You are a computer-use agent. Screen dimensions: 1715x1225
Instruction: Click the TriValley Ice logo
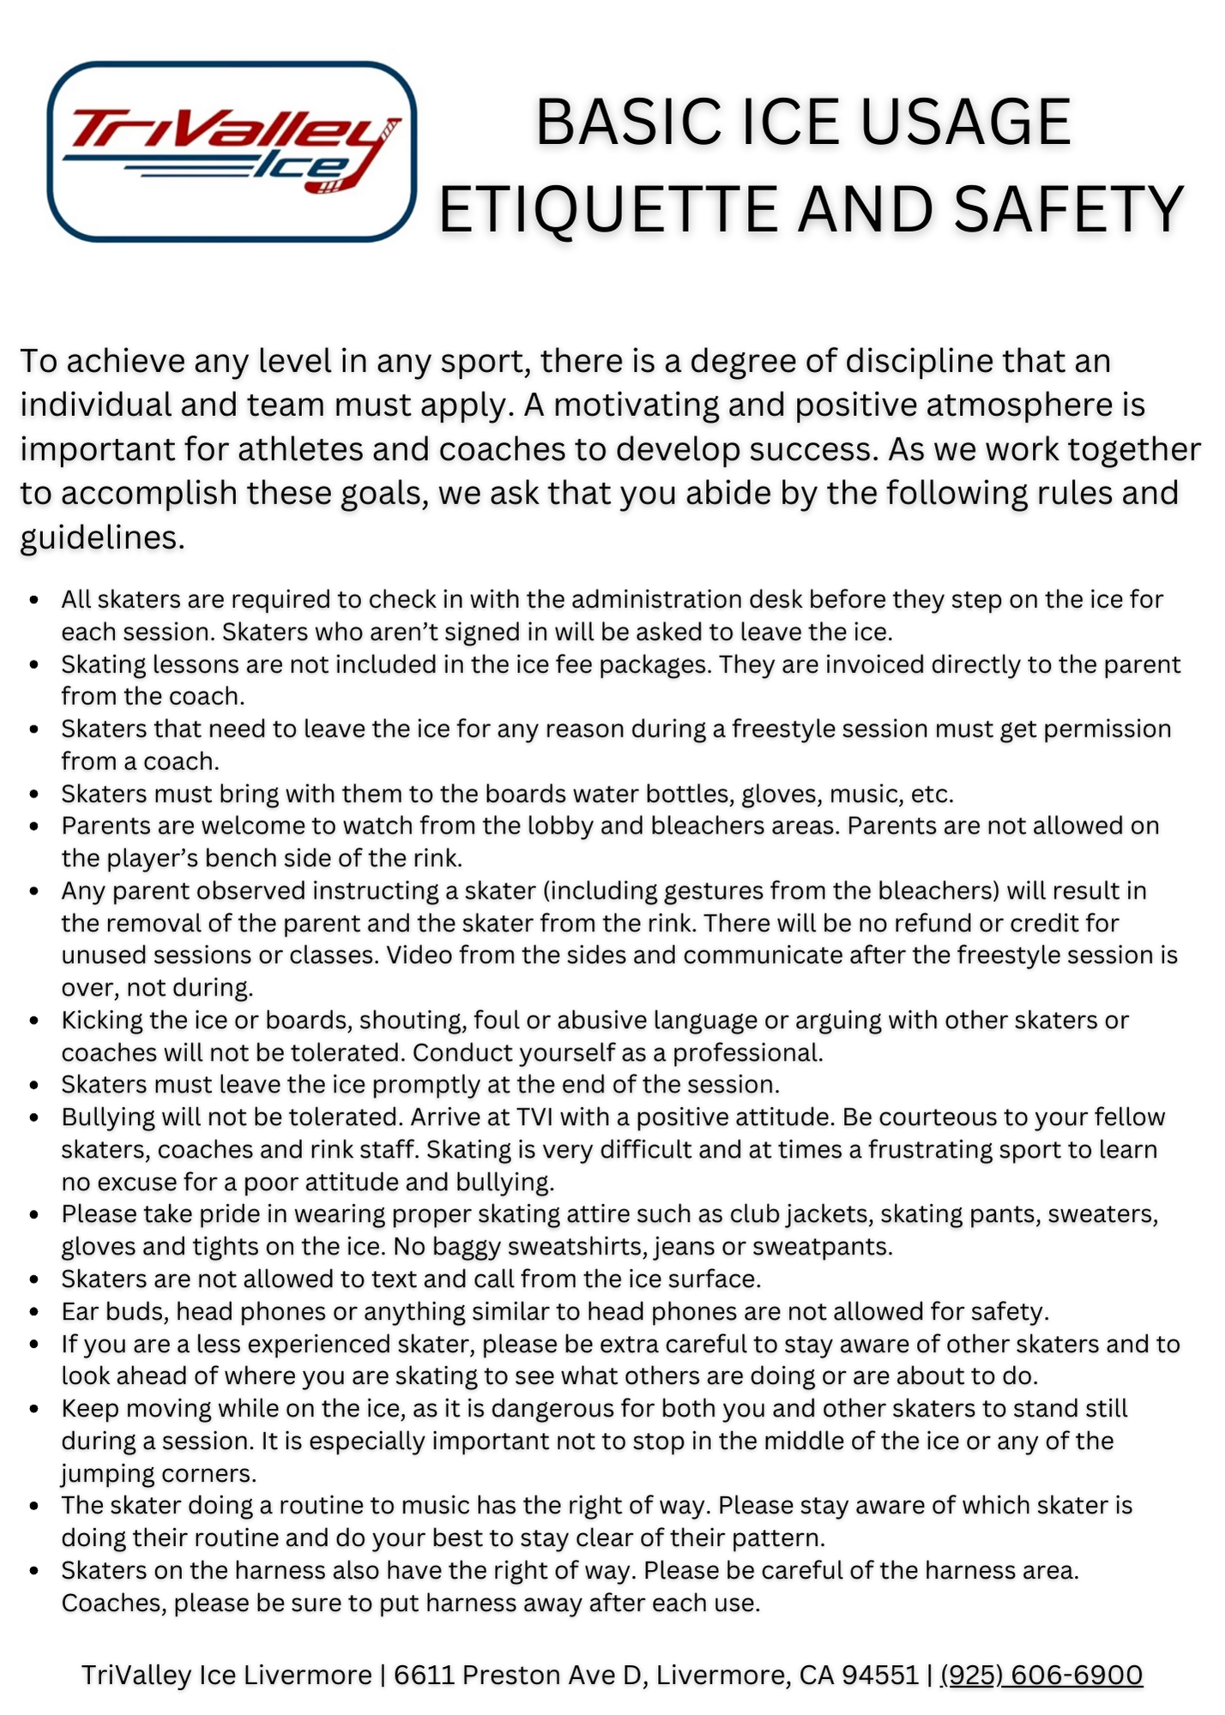[x=232, y=151]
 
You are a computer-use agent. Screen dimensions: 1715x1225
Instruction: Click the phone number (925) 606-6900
[x=1041, y=1675]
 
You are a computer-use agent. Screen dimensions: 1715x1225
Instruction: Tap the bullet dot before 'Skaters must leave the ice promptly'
[x=34, y=1086]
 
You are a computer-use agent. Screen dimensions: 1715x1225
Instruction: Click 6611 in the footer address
[x=424, y=1675]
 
